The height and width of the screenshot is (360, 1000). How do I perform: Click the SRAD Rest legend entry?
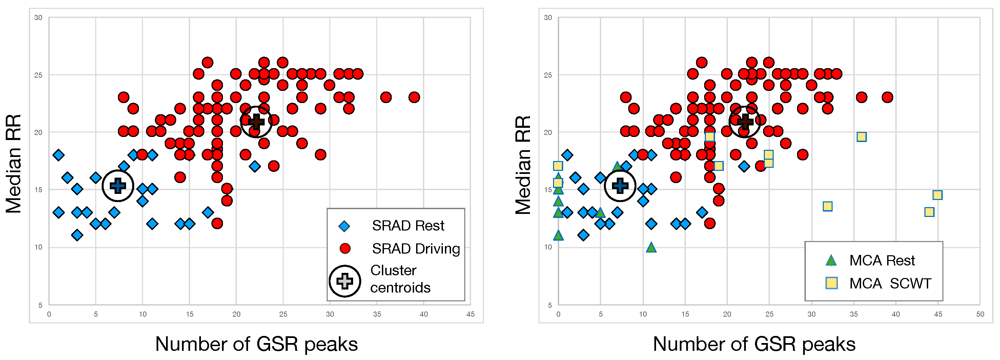pyautogui.click(x=408, y=226)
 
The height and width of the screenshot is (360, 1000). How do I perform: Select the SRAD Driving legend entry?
pyautogui.click(x=415, y=248)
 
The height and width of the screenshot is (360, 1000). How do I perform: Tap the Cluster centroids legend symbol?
pyautogui.click(x=345, y=281)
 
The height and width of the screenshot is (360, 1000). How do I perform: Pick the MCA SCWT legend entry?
pyautogui.click(x=890, y=283)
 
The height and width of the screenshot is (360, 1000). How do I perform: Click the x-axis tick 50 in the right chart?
pyautogui.click(x=980, y=314)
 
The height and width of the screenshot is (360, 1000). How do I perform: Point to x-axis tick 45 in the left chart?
pyautogui.click(x=470, y=314)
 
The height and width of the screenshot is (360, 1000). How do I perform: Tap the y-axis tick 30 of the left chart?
pyautogui.click(x=38, y=18)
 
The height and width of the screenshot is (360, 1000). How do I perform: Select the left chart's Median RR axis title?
pyautogui.click(x=14, y=163)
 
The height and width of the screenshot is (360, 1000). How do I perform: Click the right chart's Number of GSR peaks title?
pyautogui.click(x=754, y=344)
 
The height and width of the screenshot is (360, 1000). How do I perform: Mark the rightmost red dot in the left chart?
pyautogui.click(x=414, y=97)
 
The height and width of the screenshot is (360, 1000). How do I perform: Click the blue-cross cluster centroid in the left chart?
pyautogui.click(x=118, y=186)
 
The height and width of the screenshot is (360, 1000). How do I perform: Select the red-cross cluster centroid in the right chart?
pyautogui.click(x=744, y=122)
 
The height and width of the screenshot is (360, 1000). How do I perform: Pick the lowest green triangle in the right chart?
pyautogui.click(x=651, y=247)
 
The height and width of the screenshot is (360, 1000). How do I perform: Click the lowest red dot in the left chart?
pyautogui.click(x=217, y=223)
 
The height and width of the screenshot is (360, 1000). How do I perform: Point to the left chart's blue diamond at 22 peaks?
pyautogui.click(x=254, y=166)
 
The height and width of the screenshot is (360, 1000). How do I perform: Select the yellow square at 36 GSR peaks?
pyautogui.click(x=861, y=137)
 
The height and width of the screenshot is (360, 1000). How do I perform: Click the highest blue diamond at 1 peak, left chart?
pyautogui.click(x=59, y=155)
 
